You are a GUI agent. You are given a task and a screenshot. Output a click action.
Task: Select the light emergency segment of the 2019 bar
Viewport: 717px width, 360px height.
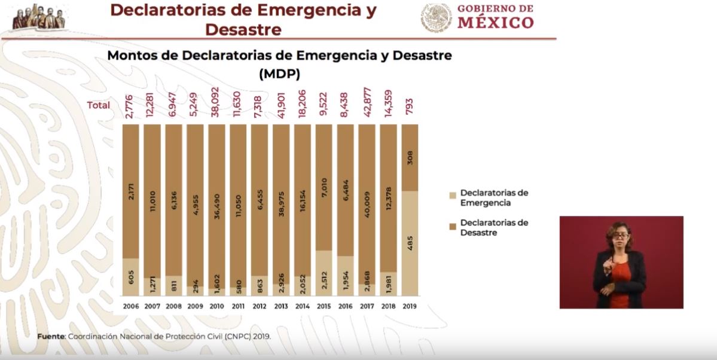pyautogui.click(x=409, y=243)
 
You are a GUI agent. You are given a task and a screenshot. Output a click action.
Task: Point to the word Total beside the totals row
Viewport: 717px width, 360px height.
pyautogui.click(x=99, y=105)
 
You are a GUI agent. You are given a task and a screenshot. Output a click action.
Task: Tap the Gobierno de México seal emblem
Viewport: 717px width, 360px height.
pyautogui.click(x=436, y=18)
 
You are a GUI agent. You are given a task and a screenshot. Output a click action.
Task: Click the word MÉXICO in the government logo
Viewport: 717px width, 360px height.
pyautogui.click(x=496, y=23)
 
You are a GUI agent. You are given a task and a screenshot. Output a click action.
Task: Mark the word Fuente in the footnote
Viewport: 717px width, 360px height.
pyautogui.click(x=51, y=336)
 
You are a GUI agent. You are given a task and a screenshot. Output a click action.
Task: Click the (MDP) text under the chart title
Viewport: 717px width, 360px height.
pyautogui.click(x=279, y=74)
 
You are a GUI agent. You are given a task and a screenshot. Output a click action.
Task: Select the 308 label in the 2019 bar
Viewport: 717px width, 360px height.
pyautogui.click(x=410, y=158)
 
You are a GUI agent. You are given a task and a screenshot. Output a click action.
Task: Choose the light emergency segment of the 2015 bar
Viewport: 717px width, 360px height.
pyautogui.click(x=324, y=273)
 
